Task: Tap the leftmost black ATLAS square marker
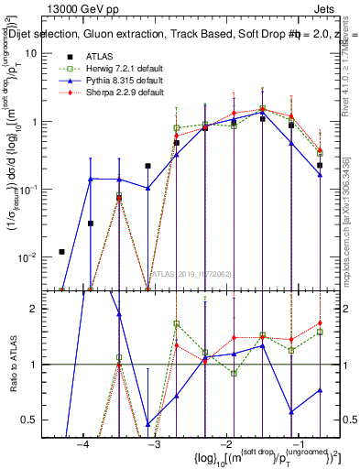pos(61,252)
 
